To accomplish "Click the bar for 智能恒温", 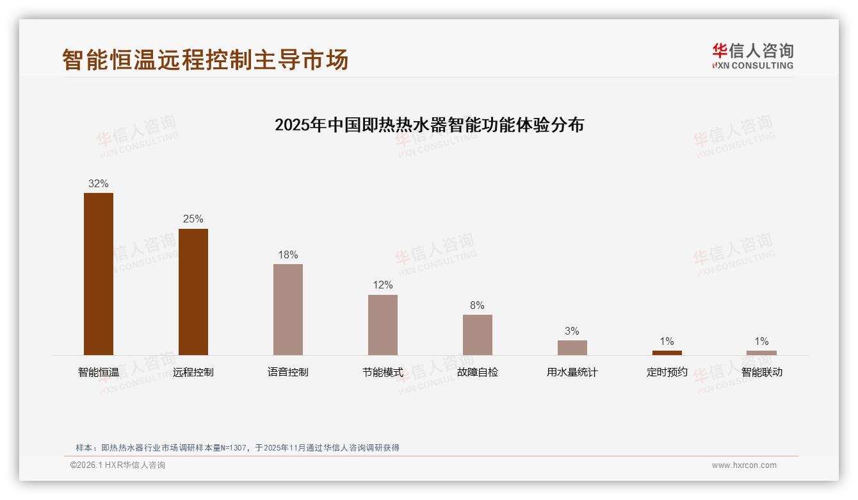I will coord(99,274).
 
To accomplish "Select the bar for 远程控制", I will coord(193,292).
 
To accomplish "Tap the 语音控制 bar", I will coord(288,310).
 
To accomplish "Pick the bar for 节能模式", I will coord(383,325).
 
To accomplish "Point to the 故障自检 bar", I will coord(478,335).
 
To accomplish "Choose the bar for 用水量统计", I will coord(572,347).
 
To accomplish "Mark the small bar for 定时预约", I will coord(667,353).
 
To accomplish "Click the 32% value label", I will coord(99,184).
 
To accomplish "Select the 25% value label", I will coord(193,219).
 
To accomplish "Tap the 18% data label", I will coord(288,255).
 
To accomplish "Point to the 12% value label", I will coord(383,285).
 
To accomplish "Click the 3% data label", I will coord(572,331).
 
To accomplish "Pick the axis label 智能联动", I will coord(762,372).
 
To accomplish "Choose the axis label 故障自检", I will coord(478,372).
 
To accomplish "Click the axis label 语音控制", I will coord(288,372).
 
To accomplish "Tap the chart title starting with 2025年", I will coord(429,125).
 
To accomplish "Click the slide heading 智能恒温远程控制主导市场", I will coord(206,60).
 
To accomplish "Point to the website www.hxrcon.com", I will coord(744,465).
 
